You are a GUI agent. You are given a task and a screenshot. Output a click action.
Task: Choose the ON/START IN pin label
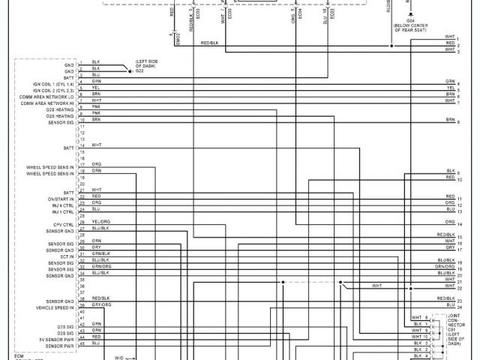(60, 197)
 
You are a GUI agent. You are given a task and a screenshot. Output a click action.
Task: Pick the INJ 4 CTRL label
(61, 204)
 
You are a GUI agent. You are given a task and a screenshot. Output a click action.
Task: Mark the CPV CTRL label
(63, 224)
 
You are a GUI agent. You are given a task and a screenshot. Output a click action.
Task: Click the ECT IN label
(66, 256)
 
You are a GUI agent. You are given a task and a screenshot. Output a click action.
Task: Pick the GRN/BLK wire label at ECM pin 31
(100, 253)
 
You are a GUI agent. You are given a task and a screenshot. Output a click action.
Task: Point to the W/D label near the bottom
(119, 358)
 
